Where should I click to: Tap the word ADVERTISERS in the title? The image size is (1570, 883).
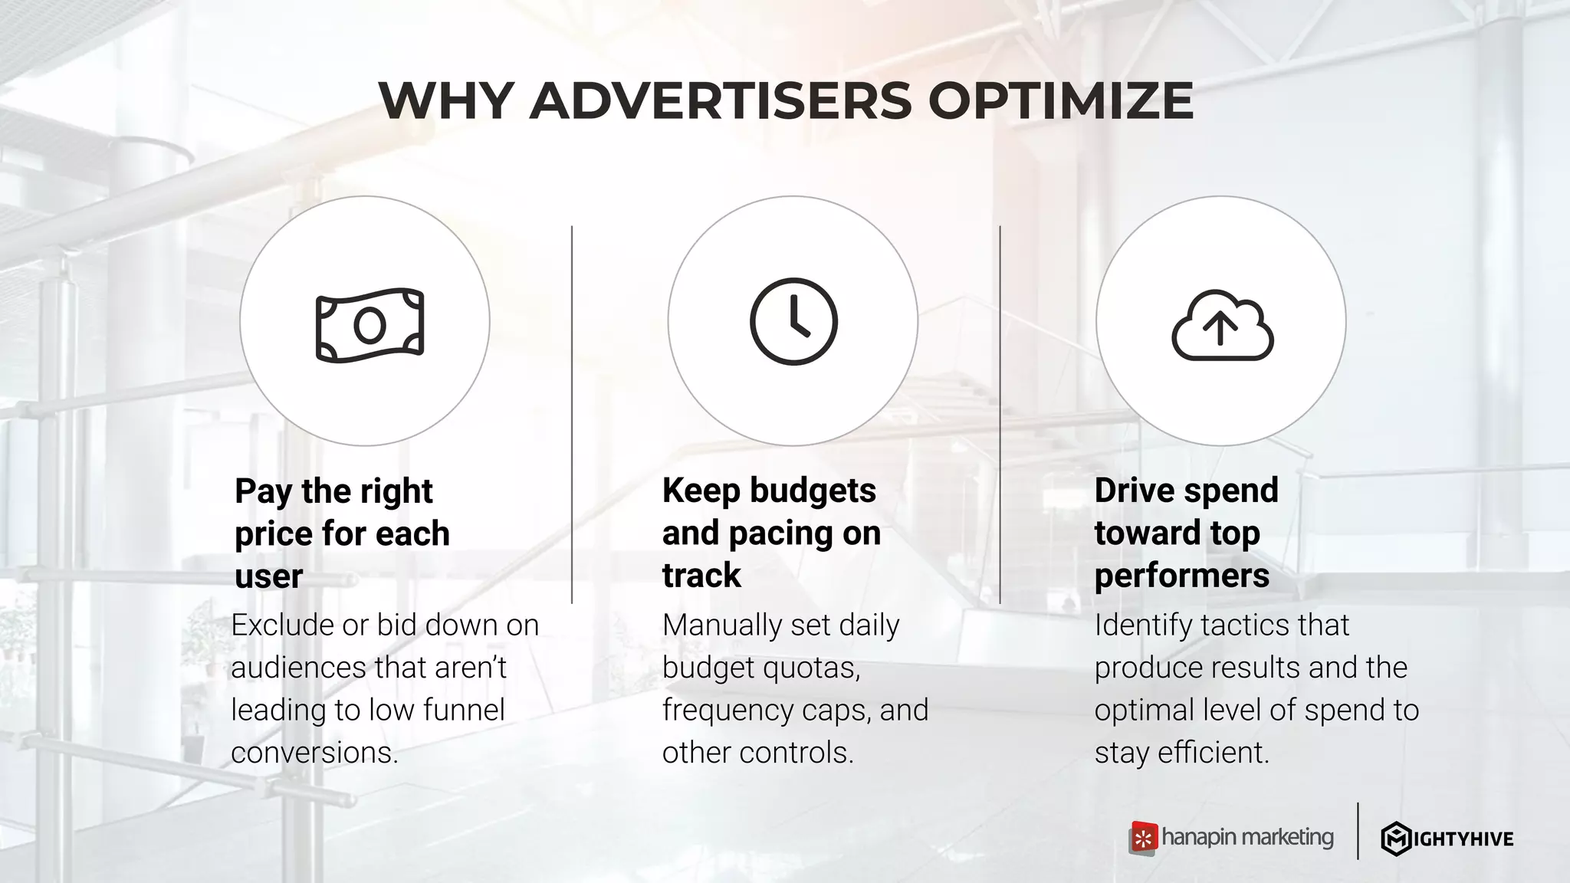tap(721, 101)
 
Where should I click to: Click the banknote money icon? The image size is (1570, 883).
tap(370, 325)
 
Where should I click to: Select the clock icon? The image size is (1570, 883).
tap(793, 321)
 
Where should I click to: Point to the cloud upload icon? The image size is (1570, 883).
tap(1222, 326)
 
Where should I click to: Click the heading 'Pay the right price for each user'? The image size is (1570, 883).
tap(342, 533)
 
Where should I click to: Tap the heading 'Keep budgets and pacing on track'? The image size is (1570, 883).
tap(771, 533)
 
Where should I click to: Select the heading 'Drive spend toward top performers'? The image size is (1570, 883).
tap(1186, 533)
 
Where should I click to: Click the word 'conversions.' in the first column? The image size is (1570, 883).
tap(314, 753)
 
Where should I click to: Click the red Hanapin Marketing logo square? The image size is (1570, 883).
tap(1143, 838)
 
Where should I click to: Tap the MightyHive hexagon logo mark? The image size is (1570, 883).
tap(1396, 839)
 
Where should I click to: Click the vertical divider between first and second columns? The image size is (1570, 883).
tap(572, 414)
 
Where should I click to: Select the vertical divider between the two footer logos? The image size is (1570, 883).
tap(1358, 831)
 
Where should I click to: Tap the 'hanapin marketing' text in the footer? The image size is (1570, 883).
tap(1247, 837)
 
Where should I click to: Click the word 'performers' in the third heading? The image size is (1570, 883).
tap(1181, 576)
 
